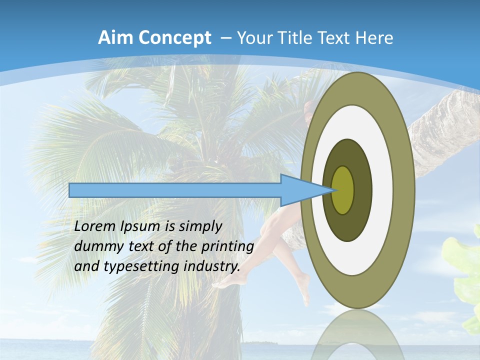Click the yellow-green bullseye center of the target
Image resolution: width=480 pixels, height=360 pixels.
tap(343, 190)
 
